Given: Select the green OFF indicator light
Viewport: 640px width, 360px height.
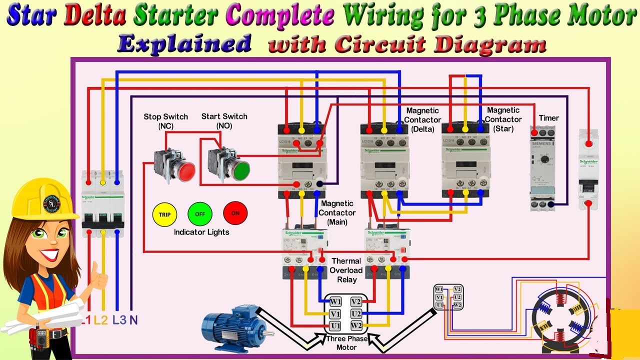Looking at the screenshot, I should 200,214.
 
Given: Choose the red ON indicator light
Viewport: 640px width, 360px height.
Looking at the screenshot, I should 235,213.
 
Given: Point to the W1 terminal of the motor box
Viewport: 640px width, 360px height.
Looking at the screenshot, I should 335,302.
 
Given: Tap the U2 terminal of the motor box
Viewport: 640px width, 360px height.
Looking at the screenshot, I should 356,314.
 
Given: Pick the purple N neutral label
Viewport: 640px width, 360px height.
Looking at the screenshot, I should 133,320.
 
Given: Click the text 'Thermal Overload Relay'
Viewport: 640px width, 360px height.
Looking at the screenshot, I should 346,270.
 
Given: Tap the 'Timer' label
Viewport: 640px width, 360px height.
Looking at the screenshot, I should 548,118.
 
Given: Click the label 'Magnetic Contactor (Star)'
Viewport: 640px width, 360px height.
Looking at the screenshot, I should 503,119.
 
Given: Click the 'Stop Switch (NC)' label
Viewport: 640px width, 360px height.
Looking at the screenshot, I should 165,121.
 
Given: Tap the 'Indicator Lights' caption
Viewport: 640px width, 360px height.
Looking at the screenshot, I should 201,232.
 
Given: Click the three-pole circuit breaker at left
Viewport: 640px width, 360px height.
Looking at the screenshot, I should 103,204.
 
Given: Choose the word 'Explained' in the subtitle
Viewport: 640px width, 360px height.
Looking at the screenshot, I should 184,44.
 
